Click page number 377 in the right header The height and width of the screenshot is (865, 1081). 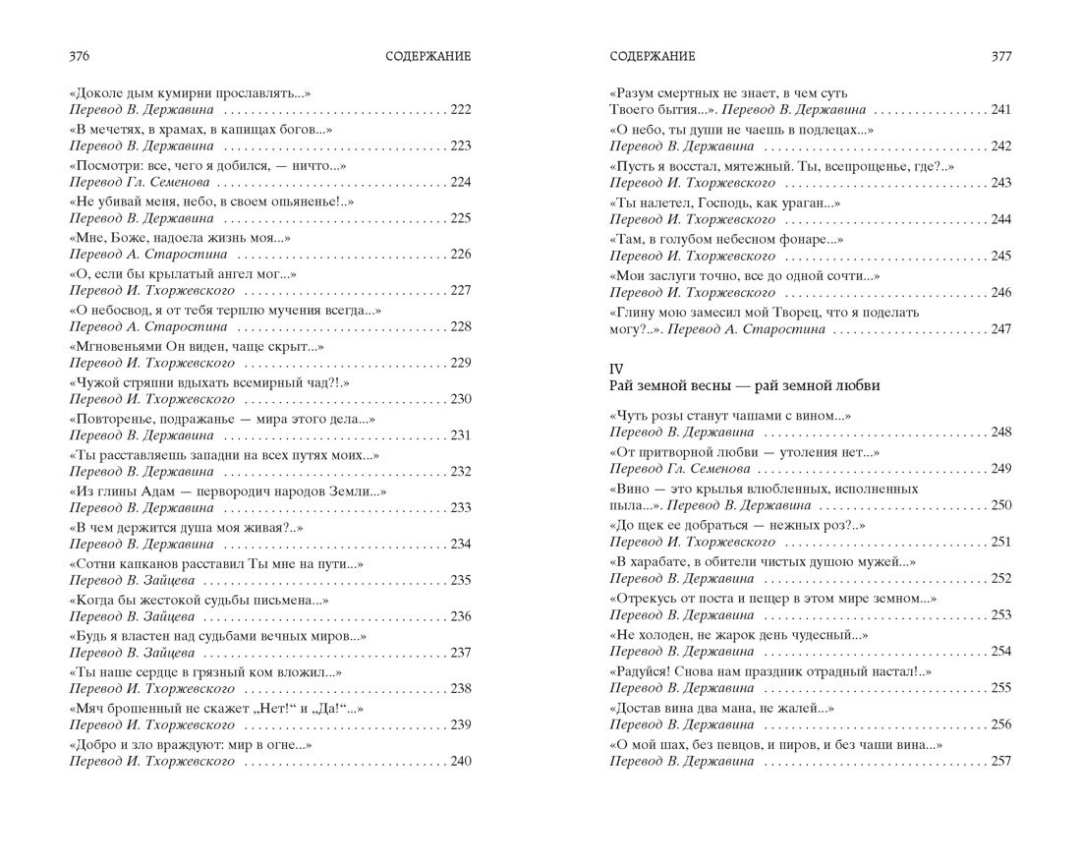point(1000,56)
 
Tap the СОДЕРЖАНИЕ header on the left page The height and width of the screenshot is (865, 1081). point(428,56)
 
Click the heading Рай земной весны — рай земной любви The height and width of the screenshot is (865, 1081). point(744,386)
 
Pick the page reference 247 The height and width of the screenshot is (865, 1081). point(999,329)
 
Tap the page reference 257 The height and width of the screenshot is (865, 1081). point(999,762)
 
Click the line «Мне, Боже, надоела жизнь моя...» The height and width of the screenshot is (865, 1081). point(180,238)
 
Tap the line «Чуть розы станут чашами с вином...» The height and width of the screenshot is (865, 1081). point(730,415)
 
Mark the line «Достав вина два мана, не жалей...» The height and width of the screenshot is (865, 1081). point(721,708)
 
